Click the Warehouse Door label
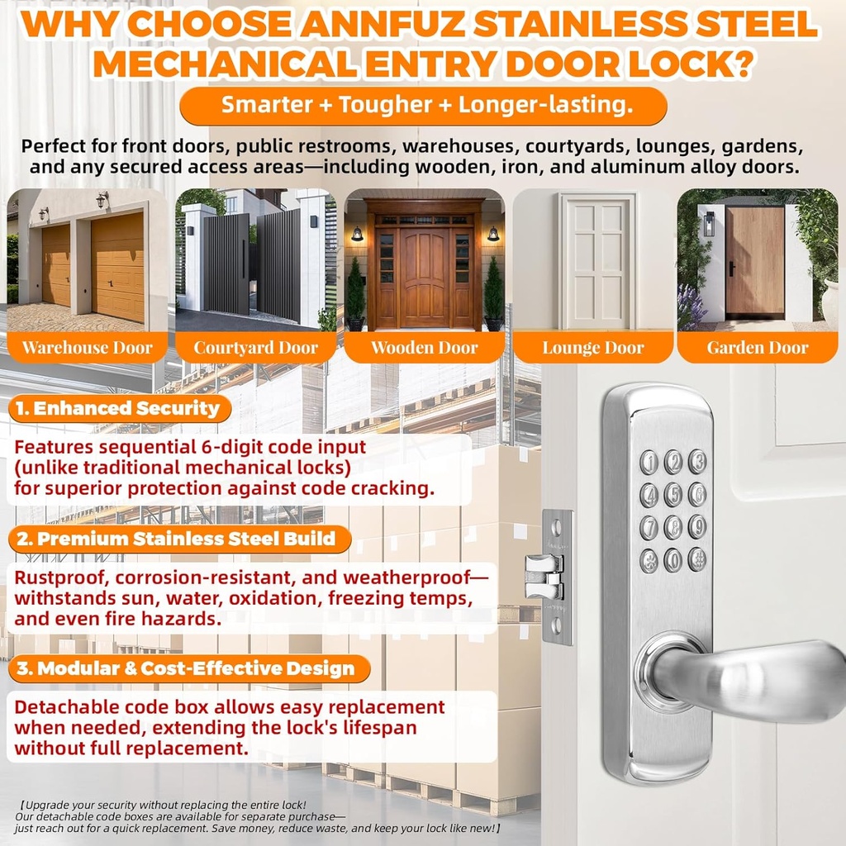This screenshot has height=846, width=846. (x=87, y=348)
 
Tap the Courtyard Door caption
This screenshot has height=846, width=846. (x=255, y=348)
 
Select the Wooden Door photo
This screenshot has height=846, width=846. (x=424, y=260)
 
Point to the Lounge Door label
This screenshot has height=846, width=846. (x=592, y=348)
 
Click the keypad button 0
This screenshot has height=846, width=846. (x=673, y=560)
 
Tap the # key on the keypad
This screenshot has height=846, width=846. (x=697, y=559)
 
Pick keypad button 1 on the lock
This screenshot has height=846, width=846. (x=649, y=462)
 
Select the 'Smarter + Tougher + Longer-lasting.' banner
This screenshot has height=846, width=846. (x=422, y=106)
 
